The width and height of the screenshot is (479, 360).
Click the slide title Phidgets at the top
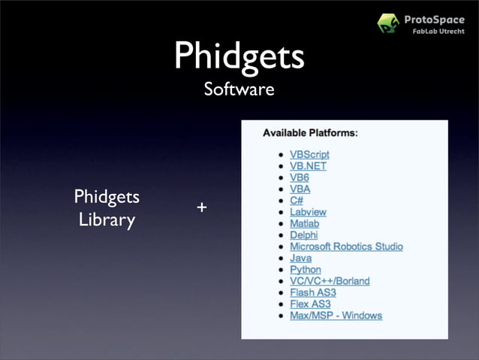239,56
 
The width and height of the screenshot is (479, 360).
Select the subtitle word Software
239,90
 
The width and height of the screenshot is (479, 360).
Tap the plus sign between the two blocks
201,207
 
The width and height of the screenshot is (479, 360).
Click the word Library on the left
107,221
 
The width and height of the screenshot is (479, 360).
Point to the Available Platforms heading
310,133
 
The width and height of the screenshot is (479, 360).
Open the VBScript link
309,154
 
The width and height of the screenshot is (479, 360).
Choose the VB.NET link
308,166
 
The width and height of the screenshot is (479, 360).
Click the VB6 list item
300,177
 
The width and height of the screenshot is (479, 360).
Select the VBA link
300,189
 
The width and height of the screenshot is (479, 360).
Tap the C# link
297,201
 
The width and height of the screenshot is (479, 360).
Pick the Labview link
308,212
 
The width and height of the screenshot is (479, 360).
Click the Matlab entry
304,224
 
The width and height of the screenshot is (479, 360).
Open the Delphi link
304,235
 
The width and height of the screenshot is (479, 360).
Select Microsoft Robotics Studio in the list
346,247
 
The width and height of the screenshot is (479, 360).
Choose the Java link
300,258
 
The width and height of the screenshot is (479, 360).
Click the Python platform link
305,269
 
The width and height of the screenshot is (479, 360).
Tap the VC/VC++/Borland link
330,281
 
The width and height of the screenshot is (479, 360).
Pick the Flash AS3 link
312,292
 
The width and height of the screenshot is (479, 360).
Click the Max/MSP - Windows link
336,315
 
